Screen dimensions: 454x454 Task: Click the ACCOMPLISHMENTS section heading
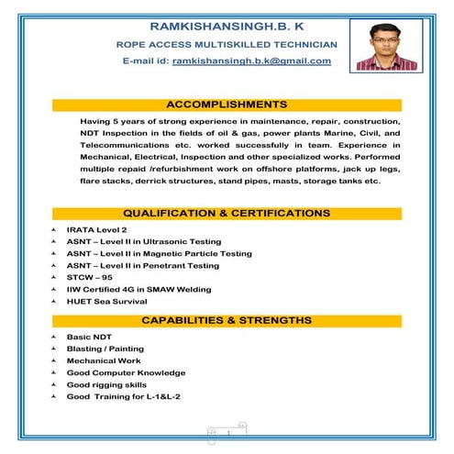coord(227,105)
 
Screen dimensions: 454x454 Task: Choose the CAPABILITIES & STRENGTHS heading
coord(227,320)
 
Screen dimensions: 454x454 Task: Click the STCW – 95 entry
coord(89,277)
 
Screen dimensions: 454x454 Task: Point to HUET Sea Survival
coord(106,301)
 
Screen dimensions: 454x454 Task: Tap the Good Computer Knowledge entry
coord(126,372)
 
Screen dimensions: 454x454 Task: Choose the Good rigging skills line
coord(106,384)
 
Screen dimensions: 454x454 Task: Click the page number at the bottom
coord(227,431)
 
